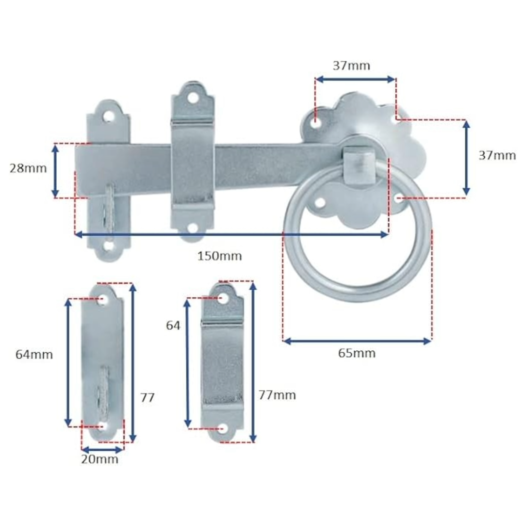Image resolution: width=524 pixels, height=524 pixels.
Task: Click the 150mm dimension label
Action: (219, 256)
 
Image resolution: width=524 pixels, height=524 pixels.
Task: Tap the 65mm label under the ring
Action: (357, 353)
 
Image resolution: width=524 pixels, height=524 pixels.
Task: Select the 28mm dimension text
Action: (28, 168)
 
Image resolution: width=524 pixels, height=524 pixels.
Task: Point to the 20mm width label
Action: (99, 459)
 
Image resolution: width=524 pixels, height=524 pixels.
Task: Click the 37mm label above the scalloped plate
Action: (351, 66)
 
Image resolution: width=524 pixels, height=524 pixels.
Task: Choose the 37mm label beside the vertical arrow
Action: (497, 156)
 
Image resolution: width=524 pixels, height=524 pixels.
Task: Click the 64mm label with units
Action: (34, 355)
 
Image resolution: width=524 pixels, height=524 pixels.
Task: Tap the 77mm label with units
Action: (277, 395)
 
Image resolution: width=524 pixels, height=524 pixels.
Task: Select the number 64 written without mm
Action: (173, 326)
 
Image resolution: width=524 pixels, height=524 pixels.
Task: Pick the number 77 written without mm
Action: (147, 398)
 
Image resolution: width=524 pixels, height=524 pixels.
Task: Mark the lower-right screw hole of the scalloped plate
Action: (397, 198)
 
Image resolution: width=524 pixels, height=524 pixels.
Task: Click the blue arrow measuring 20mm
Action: (102, 449)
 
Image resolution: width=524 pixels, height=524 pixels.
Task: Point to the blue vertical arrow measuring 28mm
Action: (55, 171)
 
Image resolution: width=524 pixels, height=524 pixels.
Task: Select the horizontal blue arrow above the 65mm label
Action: (357, 341)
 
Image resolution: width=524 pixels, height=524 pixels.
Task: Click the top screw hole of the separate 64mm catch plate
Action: (102, 300)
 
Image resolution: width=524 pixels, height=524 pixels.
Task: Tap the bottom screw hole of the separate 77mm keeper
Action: (222, 428)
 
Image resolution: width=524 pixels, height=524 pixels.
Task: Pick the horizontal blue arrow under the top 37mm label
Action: (355, 79)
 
